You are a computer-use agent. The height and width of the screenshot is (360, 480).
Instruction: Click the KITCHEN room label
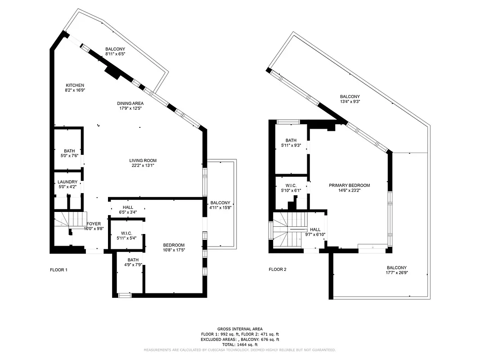tap(75, 85)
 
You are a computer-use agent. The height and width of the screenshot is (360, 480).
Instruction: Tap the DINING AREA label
tap(130, 103)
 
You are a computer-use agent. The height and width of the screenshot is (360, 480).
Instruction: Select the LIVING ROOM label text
tap(143, 160)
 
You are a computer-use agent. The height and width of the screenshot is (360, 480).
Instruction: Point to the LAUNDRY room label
tap(67, 182)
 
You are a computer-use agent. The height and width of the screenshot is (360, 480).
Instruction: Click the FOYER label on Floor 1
tap(94, 224)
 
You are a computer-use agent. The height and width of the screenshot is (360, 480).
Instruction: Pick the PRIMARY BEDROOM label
tap(349, 185)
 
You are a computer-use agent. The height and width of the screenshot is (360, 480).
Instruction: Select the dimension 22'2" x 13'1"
tap(143, 165)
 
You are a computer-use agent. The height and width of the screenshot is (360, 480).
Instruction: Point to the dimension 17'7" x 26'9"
tap(396, 272)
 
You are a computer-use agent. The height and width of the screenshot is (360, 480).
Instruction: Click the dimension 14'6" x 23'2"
tap(349, 190)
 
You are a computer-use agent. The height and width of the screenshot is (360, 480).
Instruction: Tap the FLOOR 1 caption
tap(58, 270)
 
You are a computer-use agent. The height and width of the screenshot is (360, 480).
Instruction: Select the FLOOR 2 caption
tap(278, 270)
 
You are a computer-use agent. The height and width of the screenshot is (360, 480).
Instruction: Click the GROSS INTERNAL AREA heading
tap(240, 329)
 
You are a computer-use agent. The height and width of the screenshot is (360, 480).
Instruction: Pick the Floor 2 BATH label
tap(291, 140)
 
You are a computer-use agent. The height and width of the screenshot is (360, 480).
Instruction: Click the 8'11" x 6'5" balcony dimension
tap(115, 54)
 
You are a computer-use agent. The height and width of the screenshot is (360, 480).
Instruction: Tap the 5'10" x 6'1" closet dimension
tap(291, 190)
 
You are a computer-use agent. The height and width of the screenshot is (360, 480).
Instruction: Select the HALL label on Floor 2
tap(315, 229)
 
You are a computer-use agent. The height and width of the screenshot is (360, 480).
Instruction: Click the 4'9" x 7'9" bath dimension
tap(133, 265)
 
